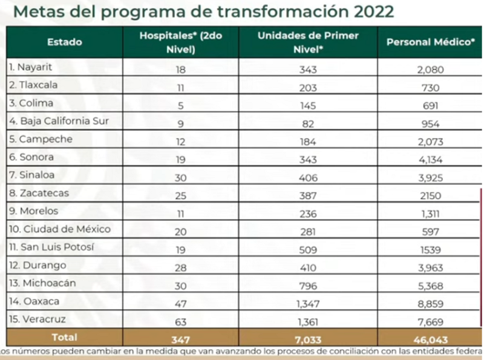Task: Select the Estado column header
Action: (x=65, y=42)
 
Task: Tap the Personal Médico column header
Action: (x=430, y=42)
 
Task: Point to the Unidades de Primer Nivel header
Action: (x=308, y=42)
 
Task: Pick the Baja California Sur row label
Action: (x=59, y=120)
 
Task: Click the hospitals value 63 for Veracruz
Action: (x=181, y=320)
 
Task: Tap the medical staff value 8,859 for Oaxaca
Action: (x=430, y=302)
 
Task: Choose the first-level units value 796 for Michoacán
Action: (x=308, y=284)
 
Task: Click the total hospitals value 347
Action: (x=181, y=338)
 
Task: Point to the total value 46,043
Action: (x=430, y=338)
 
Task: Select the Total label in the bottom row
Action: (x=64, y=337)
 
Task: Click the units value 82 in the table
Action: (x=308, y=121)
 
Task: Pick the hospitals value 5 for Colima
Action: (x=181, y=103)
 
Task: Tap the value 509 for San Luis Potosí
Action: (x=308, y=247)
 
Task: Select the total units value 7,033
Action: (x=308, y=338)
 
